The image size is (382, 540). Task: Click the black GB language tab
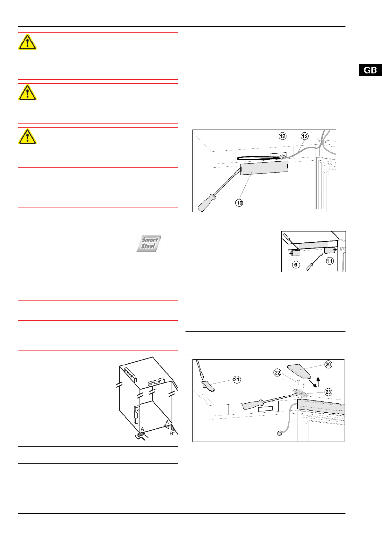click(370, 70)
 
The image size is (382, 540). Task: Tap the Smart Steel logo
click(149, 243)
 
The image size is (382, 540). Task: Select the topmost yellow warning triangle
click(27, 42)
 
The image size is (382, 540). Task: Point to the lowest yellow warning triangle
click(27, 137)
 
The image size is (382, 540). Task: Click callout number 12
click(282, 136)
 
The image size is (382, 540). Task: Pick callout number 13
click(304, 136)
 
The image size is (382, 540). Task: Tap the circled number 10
click(239, 203)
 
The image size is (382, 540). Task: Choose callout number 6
click(296, 265)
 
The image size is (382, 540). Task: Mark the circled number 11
click(330, 261)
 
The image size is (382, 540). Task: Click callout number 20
click(328, 365)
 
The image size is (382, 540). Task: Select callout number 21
click(237, 380)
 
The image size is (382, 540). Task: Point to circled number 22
click(277, 373)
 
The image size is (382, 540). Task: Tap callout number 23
click(328, 392)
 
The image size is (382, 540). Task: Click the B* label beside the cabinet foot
click(172, 434)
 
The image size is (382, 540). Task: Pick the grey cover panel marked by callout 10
click(264, 168)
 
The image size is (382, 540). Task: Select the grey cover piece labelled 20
click(299, 372)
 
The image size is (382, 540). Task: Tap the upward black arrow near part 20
click(318, 382)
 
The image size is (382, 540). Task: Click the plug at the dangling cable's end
click(279, 433)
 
